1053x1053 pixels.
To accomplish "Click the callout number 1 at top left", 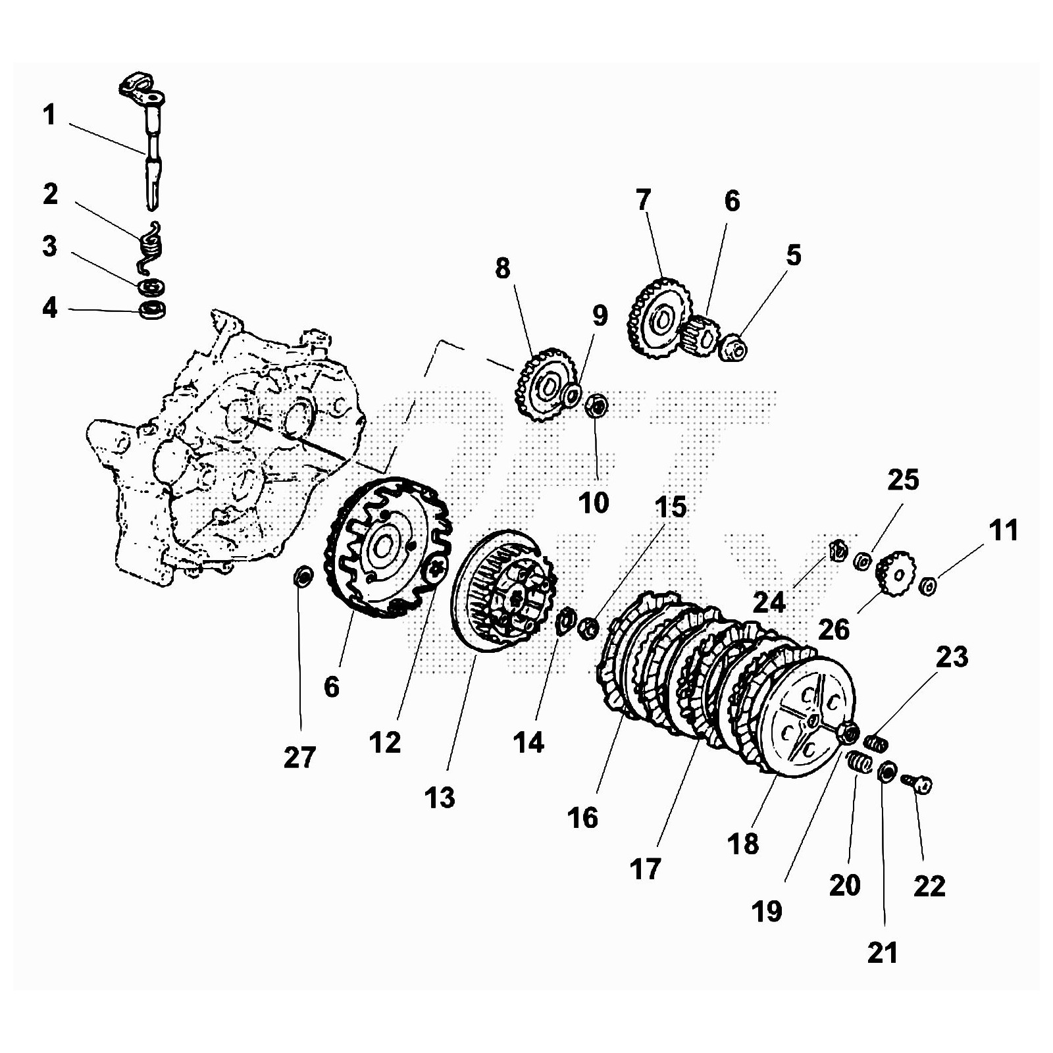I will tap(49, 115).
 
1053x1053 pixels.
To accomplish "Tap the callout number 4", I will tap(50, 307).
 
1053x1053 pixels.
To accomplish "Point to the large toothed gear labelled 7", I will tap(658, 319).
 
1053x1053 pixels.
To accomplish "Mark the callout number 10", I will tap(594, 503).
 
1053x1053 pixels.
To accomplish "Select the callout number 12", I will tap(385, 742).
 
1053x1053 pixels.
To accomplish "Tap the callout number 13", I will tap(440, 798).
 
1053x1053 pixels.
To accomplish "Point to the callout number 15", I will tap(671, 507).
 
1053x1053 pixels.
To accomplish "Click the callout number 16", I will tap(583, 818).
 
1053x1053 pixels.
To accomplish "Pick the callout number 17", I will tap(645, 869).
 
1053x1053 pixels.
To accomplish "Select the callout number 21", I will tap(883, 952).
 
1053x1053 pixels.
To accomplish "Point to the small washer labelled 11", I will tap(928, 585).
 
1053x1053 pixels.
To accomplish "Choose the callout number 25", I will tap(903, 480).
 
